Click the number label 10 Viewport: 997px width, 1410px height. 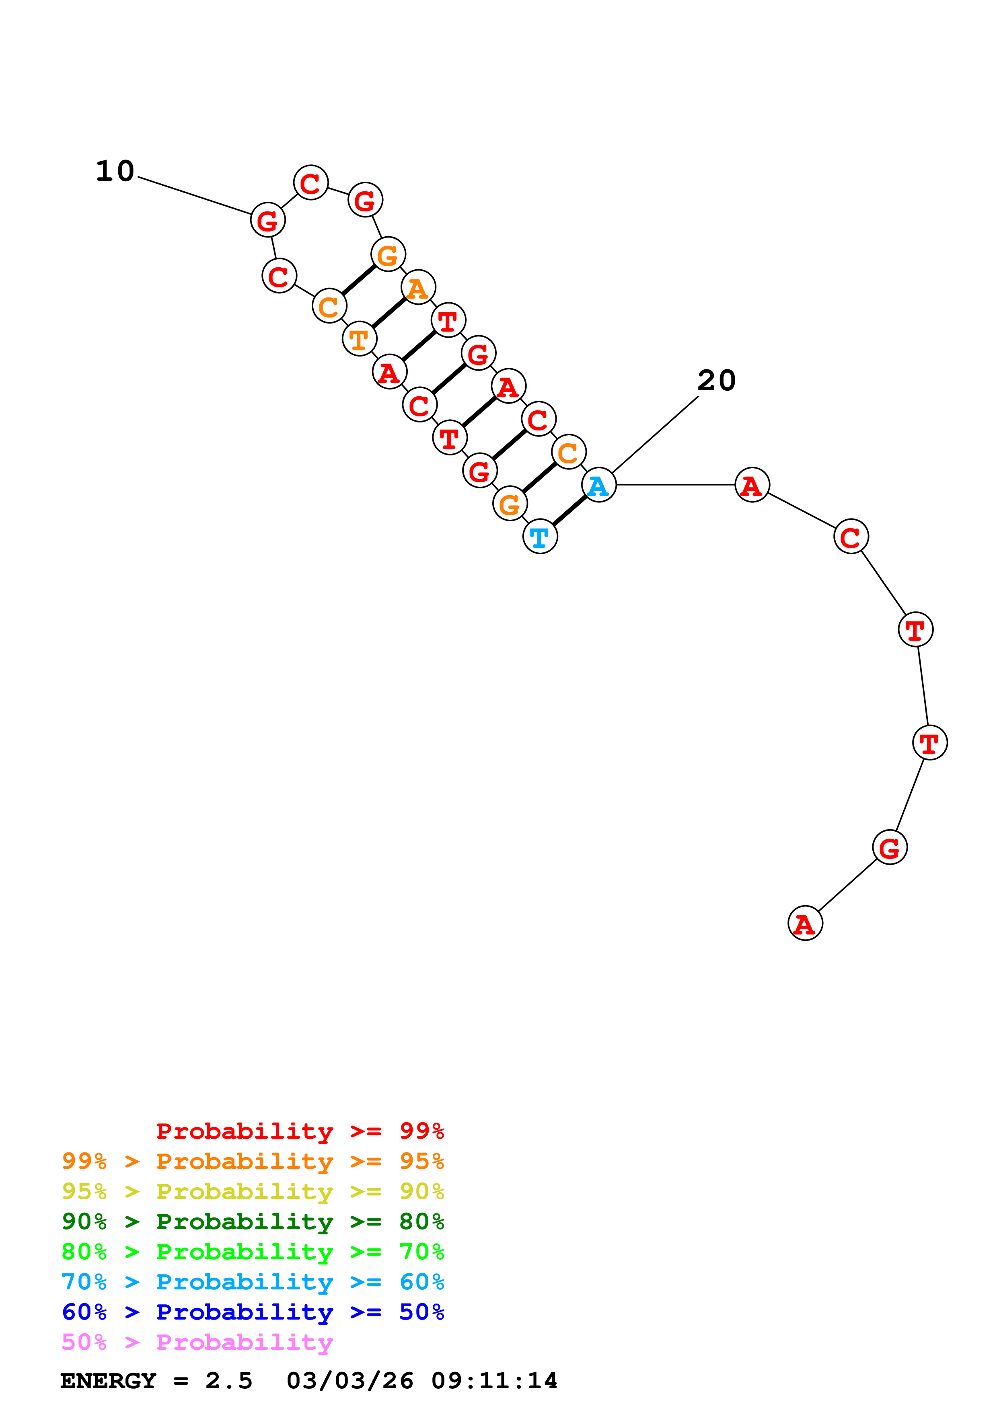pyautogui.click(x=115, y=171)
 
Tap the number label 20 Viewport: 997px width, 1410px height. pyautogui.click(x=716, y=381)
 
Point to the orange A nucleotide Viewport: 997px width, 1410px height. pyautogui.click(x=418, y=287)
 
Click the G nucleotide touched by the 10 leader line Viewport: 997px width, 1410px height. pyautogui.click(x=268, y=220)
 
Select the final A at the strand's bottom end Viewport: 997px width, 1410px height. pyautogui.click(x=805, y=923)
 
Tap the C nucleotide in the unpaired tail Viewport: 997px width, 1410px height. pyautogui.click(x=851, y=537)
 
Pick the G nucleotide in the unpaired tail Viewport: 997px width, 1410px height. pyautogui.click(x=890, y=847)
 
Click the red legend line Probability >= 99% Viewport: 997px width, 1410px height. pyautogui.click(x=300, y=1131)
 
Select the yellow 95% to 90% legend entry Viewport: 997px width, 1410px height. pyautogui.click(x=253, y=1191)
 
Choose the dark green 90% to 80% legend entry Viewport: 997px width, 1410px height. pyautogui.click(x=253, y=1221)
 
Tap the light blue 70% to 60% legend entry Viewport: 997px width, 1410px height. pyautogui.click(x=253, y=1282)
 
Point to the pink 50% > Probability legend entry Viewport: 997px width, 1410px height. pyautogui.click(x=197, y=1342)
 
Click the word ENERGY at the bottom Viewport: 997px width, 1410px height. pyautogui.click(x=108, y=1381)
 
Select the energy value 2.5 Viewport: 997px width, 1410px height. pyautogui.click(x=228, y=1381)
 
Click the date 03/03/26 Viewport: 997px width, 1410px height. pyautogui.click(x=349, y=1381)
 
